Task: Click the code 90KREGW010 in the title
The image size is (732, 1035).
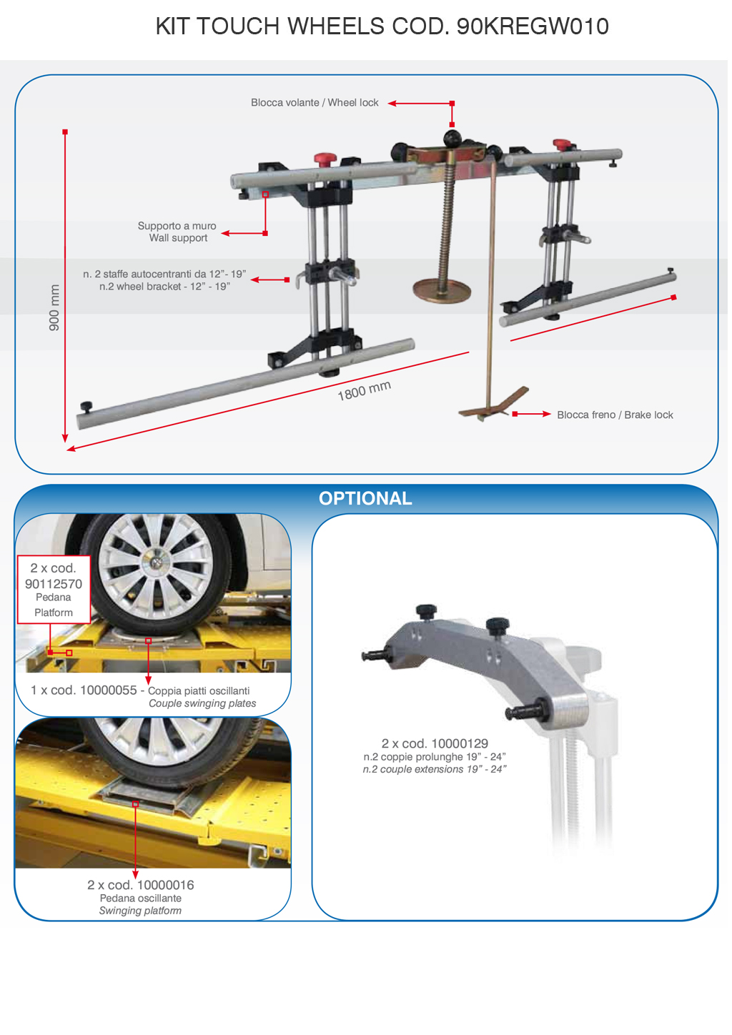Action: pyautogui.click(x=533, y=26)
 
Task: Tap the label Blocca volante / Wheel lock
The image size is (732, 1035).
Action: pyautogui.click(x=315, y=103)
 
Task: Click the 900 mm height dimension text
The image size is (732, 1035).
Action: pyautogui.click(x=54, y=307)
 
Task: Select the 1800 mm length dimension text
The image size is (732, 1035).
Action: pyautogui.click(x=364, y=391)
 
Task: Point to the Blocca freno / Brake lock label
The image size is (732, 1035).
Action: pyautogui.click(x=615, y=415)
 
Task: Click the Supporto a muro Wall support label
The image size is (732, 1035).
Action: pyautogui.click(x=177, y=232)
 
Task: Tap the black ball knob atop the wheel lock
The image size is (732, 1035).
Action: pyautogui.click(x=452, y=138)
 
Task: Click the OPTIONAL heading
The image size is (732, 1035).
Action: pyautogui.click(x=365, y=498)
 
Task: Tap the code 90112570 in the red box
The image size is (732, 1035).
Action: pyautogui.click(x=54, y=584)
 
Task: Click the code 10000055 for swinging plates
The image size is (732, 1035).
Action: pyautogui.click(x=109, y=690)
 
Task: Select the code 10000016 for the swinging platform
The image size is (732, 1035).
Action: pyautogui.click(x=165, y=885)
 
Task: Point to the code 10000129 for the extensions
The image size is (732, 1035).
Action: pyautogui.click(x=460, y=743)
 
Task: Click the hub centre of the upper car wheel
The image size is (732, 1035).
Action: pyautogui.click(x=157, y=561)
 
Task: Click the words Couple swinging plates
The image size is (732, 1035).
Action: pyautogui.click(x=202, y=703)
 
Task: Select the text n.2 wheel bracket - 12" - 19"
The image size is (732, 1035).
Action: pyautogui.click(x=164, y=287)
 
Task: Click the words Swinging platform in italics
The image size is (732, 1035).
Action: pyautogui.click(x=140, y=910)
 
